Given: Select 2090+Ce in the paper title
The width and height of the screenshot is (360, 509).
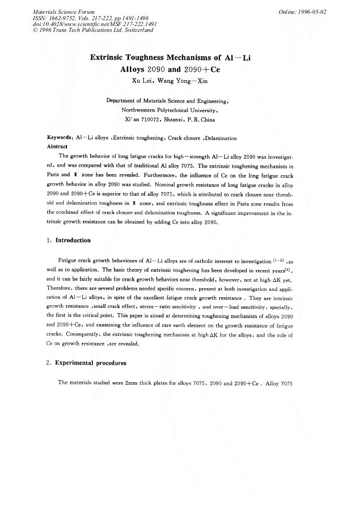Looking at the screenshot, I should (198, 69).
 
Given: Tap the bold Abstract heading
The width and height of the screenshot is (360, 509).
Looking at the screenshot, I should (57, 146).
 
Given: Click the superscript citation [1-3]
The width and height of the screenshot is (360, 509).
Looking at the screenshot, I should (280, 260).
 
